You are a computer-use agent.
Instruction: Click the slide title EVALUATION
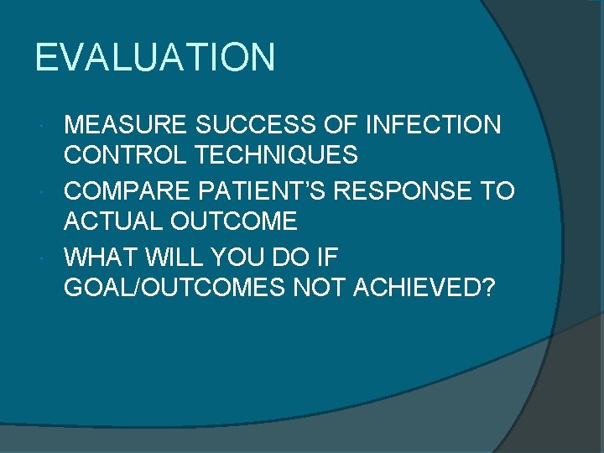pos(155,58)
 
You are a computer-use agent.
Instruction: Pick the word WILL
pos(166,256)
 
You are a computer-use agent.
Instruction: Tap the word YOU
pos(232,256)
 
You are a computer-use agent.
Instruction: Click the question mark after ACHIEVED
pos(488,287)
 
